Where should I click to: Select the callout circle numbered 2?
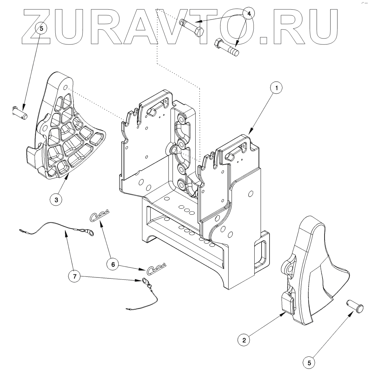click(244, 340)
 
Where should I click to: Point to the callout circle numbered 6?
click(112, 264)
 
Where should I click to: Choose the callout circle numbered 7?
click(75, 276)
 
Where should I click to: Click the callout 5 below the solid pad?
click(309, 363)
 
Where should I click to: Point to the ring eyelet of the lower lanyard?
click(145, 281)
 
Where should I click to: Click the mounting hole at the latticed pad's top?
click(65, 87)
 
